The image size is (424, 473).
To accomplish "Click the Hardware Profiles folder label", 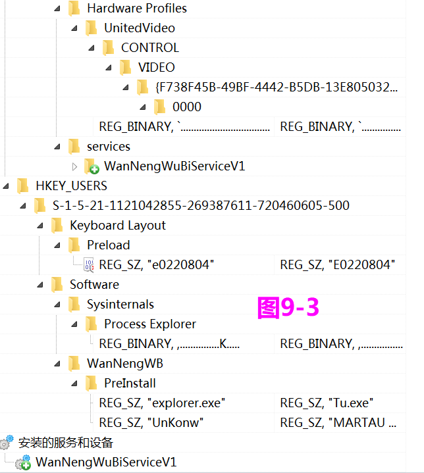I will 136,9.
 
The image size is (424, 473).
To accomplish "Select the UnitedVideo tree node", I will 139,28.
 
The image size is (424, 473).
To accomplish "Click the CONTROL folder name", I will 149,48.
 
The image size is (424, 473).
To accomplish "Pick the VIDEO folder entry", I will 156,68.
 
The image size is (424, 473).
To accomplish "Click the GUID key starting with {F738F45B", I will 277,87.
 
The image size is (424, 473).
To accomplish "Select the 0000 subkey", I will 186,107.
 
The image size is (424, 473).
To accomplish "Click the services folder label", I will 108,147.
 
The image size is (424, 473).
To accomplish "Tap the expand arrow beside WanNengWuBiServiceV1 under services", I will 74,166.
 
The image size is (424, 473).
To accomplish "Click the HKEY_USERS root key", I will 71,186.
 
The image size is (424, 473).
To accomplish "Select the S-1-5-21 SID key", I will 201,206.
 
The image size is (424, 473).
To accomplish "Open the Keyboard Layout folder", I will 117,226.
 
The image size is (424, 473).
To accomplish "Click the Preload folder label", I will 108,245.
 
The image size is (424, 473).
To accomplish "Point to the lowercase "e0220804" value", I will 157,265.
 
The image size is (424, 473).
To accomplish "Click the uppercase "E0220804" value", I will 337,265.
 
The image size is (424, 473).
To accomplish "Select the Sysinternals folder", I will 120,305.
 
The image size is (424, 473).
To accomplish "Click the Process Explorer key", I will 149,324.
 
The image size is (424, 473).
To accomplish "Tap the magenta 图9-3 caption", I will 288,307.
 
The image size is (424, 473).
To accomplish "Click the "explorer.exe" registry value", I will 162,403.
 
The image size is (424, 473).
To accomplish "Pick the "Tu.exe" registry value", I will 328,403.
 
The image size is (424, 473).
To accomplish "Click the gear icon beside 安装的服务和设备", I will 7,443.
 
